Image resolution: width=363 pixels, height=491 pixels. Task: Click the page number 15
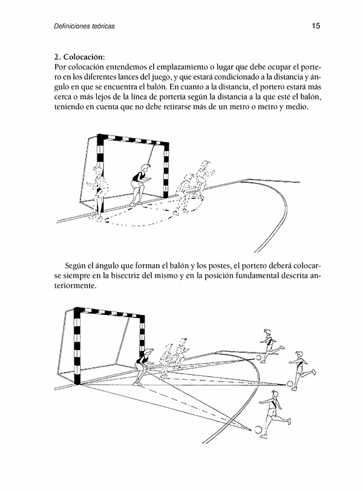tap(315, 26)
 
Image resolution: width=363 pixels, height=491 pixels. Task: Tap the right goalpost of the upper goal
tap(165, 172)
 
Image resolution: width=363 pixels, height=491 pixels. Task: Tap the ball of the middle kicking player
tap(290, 383)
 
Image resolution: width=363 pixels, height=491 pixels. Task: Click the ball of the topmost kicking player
tap(259, 357)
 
